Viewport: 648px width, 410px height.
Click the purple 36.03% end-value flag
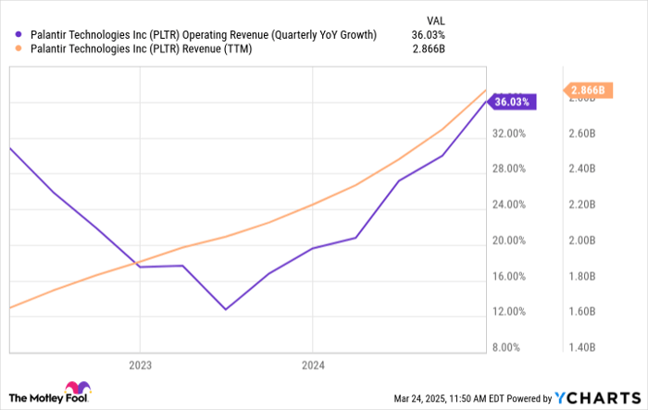(512, 102)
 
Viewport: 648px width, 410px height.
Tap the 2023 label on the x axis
(139, 364)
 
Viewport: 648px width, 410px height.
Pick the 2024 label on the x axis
(313, 364)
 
